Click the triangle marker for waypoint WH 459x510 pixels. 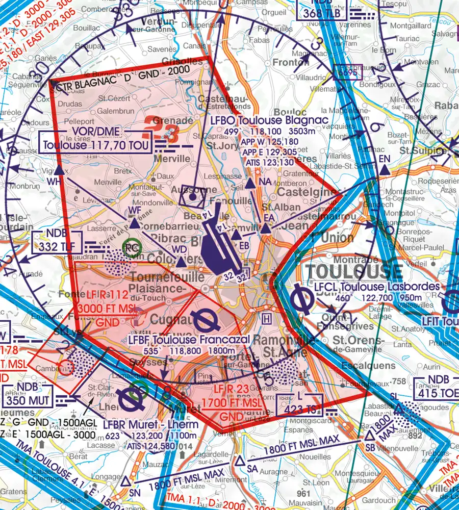point(59,171)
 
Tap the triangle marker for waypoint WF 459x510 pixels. point(134,223)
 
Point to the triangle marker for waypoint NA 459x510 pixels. point(250,184)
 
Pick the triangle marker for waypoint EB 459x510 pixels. point(236,235)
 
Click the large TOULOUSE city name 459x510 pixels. point(353,271)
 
